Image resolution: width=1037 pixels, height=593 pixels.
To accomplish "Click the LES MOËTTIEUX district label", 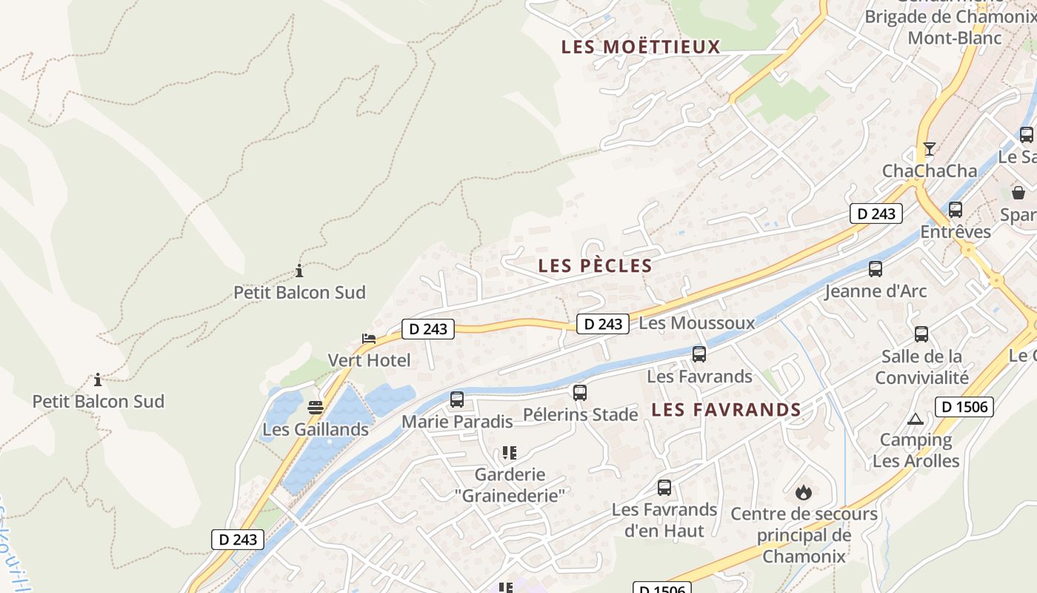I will [641, 47].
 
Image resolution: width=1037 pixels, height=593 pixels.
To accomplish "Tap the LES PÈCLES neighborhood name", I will [595, 265].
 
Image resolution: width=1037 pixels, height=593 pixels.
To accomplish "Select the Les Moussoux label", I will [696, 322].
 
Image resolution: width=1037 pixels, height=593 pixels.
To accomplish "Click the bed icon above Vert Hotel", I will [369, 339].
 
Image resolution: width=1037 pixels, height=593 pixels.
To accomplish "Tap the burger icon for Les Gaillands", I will [316, 407].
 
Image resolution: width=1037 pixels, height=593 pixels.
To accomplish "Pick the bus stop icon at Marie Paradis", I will [457, 400].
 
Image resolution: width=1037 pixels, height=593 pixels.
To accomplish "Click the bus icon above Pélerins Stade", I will [580, 392].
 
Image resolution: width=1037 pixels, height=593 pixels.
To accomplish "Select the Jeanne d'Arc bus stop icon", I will [876, 269].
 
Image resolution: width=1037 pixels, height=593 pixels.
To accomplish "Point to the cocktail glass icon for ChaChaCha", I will [929, 149].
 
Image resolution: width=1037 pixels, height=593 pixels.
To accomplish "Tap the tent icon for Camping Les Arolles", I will [916, 419].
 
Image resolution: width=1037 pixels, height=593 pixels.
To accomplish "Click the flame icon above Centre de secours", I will [803, 492].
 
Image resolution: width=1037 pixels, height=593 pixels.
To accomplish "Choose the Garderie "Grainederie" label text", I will [510, 485].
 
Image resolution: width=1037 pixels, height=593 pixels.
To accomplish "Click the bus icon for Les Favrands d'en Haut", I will [664, 488].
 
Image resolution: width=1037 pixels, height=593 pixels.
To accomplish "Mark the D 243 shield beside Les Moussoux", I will [603, 323].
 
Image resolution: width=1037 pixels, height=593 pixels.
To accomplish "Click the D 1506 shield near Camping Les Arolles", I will [964, 406].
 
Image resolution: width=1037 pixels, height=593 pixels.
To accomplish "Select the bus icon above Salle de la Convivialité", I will [921, 334].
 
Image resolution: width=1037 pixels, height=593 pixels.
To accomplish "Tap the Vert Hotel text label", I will [369, 360].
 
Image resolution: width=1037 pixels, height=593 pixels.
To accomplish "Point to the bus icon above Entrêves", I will [956, 210].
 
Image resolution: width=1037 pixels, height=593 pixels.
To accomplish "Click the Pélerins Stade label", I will [581, 414].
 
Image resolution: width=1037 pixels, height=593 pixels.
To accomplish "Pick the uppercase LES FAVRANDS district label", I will [726, 409].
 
